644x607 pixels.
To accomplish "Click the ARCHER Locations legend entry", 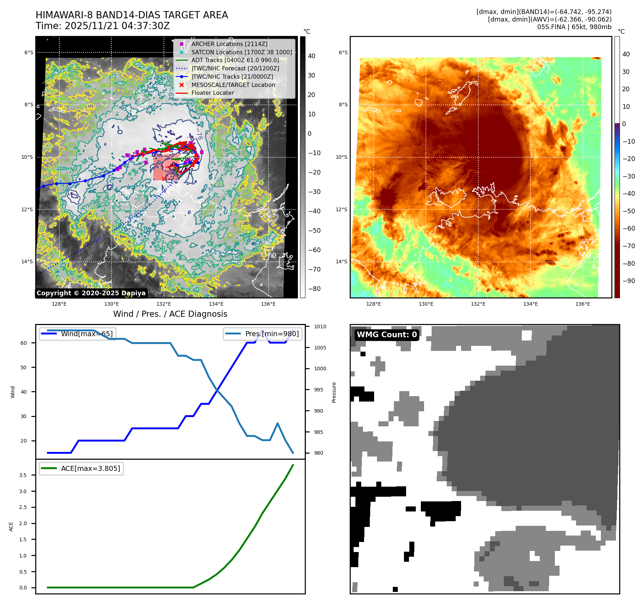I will coord(229,44).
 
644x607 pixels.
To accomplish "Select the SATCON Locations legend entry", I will coord(241,52).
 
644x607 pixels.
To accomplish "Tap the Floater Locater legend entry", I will coord(212,93).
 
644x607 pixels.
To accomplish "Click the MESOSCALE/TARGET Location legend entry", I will coord(233,85).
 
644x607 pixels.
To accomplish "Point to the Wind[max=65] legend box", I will coord(78,334).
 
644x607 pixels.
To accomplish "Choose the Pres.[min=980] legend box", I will coord(263,334).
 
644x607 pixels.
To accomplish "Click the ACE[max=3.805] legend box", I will coord(82,468).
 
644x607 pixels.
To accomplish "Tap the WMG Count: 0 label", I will coord(387,335).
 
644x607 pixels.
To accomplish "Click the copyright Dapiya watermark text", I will coord(91,293).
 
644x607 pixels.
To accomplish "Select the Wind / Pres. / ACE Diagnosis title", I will coord(170,314).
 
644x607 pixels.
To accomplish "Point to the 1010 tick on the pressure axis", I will coord(320,326).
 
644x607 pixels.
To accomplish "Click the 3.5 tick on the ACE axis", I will coord(23,475).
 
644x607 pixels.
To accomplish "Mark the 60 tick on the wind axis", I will coord(23,343).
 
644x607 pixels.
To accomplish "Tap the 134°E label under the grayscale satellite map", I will coord(216,304).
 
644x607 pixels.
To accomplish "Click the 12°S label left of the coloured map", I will coord(341,209).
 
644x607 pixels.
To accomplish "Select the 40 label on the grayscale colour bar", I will coord(312,56).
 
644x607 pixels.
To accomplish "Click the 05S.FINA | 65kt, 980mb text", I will coord(574,27).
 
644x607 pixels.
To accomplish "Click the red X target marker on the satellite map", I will coord(164,179).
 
